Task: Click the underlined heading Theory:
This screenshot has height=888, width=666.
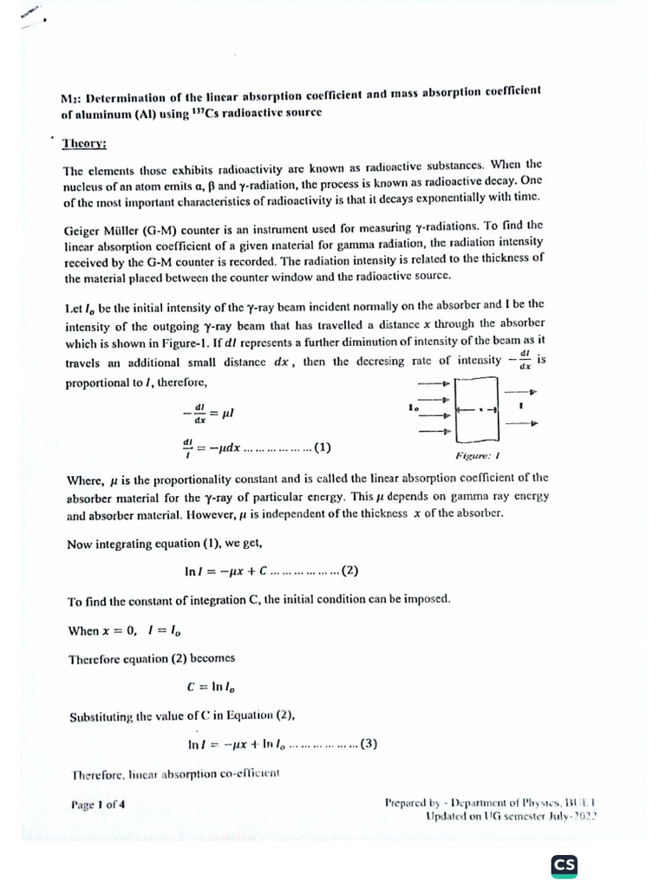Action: (84, 143)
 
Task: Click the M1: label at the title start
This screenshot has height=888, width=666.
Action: (73, 98)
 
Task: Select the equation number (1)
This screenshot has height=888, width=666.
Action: (321, 448)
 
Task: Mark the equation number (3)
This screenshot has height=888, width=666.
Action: (368, 743)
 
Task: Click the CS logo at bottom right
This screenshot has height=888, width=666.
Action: (565, 865)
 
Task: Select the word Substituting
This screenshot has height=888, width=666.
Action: (101, 715)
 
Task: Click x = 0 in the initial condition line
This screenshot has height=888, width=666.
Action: (121, 630)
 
